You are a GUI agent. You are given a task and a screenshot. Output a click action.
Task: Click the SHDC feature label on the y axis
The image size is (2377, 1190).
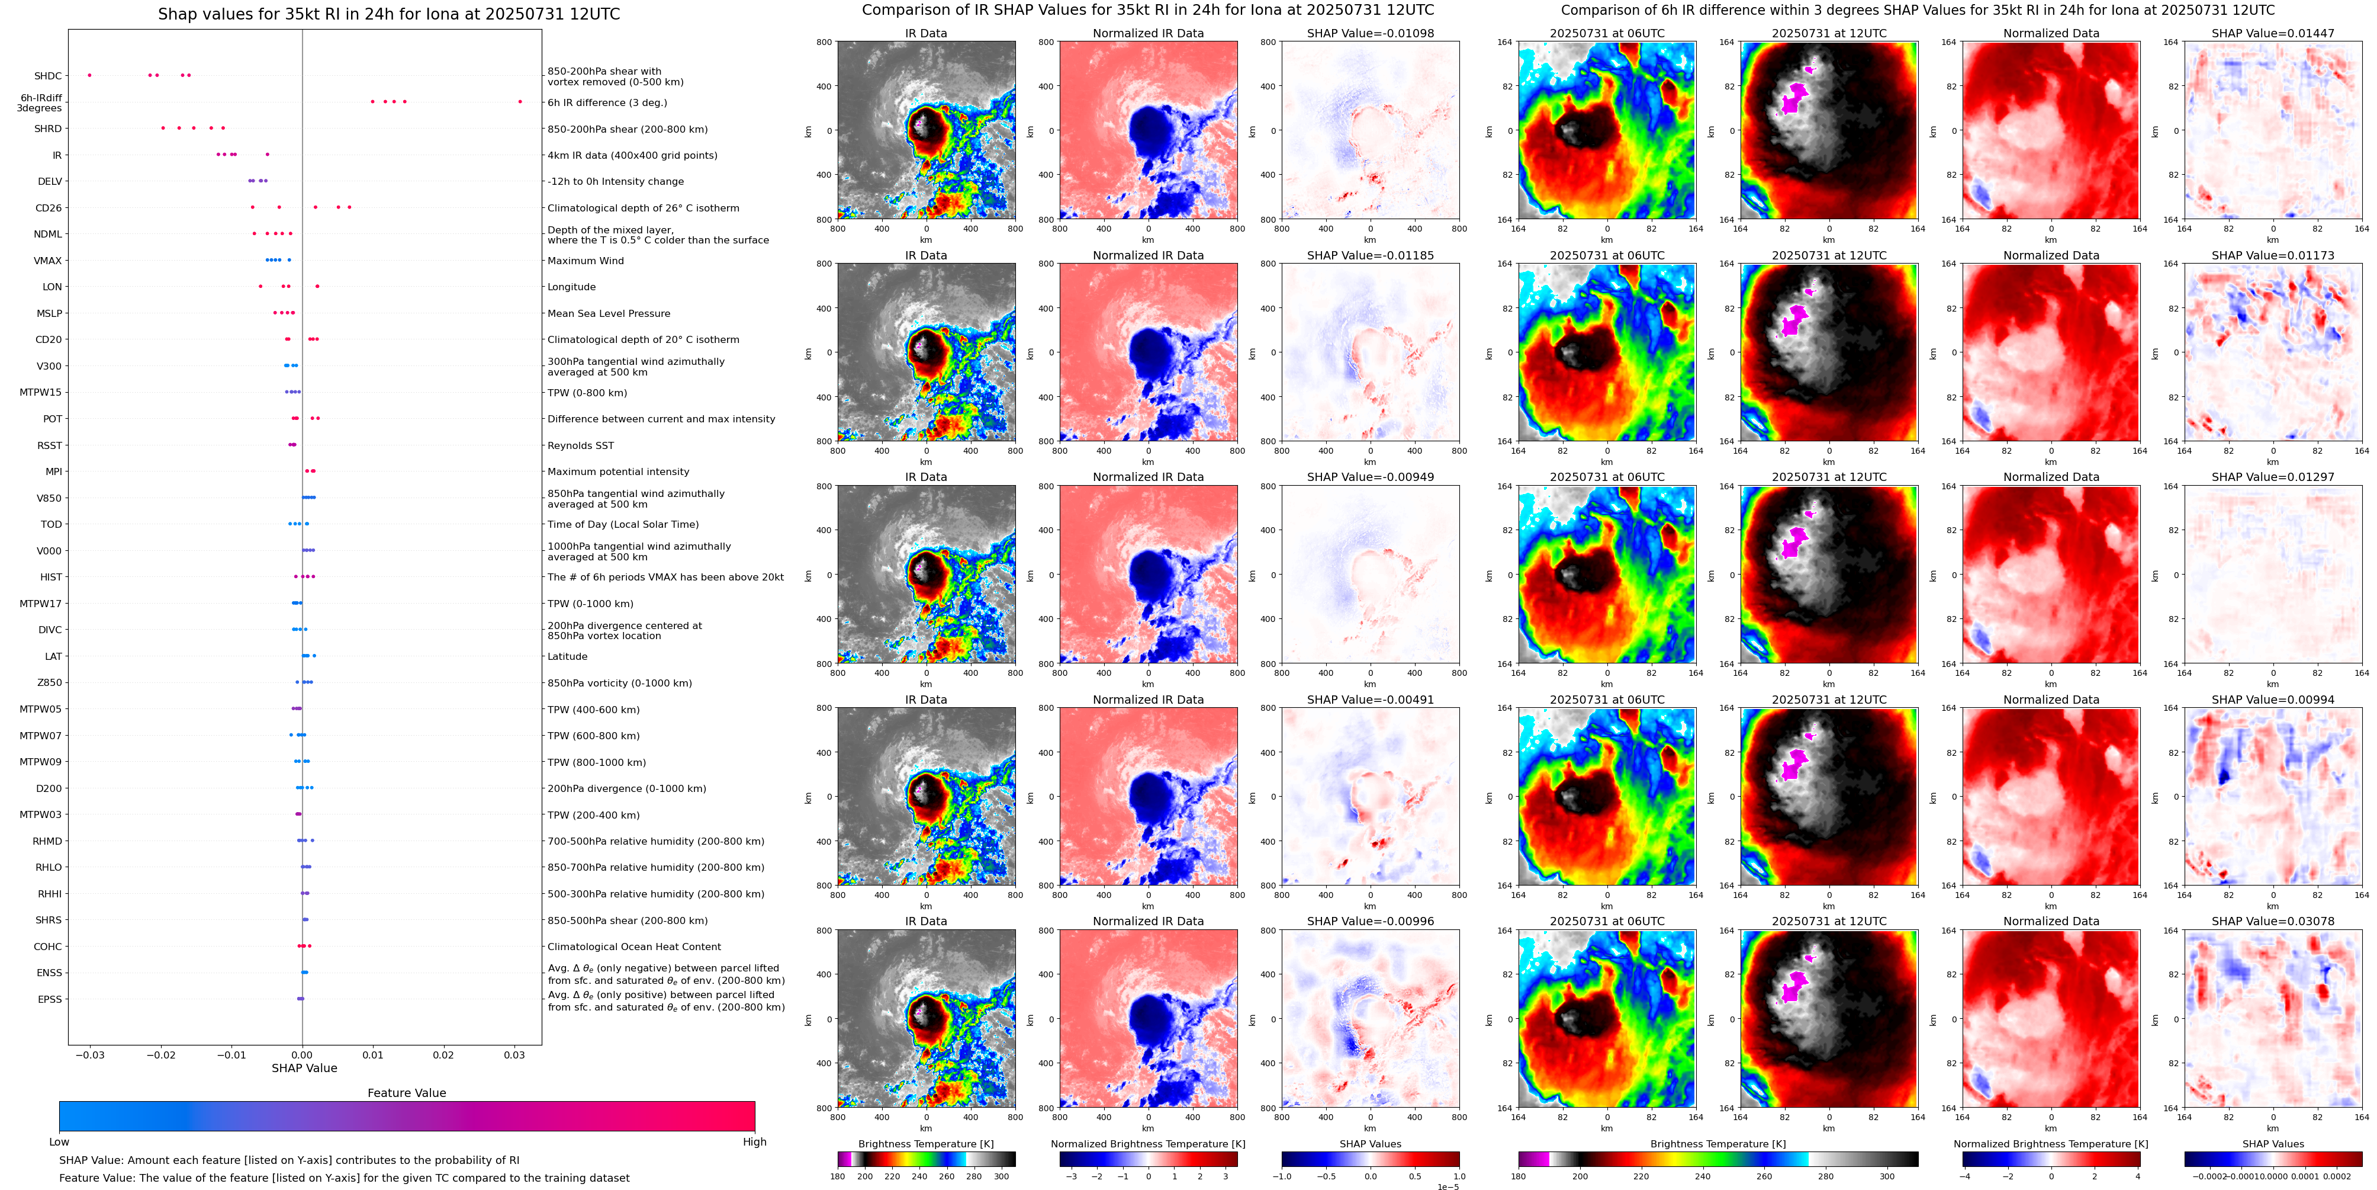tap(48, 76)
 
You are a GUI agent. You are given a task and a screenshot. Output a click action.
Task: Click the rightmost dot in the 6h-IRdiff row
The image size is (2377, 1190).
tap(520, 101)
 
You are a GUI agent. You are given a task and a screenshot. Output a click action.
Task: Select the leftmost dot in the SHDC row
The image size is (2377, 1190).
tap(89, 75)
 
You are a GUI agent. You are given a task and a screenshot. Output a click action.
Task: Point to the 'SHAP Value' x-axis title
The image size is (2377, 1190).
tap(304, 1068)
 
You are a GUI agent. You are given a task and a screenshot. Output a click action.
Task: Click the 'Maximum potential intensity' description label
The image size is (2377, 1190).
tap(618, 471)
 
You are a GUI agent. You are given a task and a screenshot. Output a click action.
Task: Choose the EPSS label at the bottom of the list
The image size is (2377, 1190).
tap(50, 999)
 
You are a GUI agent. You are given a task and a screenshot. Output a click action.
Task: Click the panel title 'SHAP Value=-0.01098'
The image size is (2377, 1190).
tap(1371, 33)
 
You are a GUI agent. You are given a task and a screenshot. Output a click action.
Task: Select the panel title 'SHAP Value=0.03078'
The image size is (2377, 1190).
tap(2273, 921)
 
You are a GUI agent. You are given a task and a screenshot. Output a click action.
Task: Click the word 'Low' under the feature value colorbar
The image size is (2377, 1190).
tap(59, 1142)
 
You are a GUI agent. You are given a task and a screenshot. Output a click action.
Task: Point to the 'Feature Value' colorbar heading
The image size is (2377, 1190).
tap(406, 1093)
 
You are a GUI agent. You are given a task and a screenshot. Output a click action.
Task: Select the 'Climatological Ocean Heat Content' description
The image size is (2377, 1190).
tap(634, 947)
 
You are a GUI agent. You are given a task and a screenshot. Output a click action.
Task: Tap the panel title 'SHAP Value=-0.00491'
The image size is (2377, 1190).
tap(1371, 700)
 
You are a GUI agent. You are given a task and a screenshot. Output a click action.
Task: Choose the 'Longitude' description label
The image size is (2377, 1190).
tap(571, 287)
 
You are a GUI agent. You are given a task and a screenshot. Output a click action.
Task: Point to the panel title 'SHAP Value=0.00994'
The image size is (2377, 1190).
tap(2273, 700)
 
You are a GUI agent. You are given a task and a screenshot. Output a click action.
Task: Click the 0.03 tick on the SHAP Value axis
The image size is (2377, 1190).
tap(514, 1055)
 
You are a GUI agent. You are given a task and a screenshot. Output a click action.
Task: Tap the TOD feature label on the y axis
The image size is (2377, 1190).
tap(52, 524)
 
